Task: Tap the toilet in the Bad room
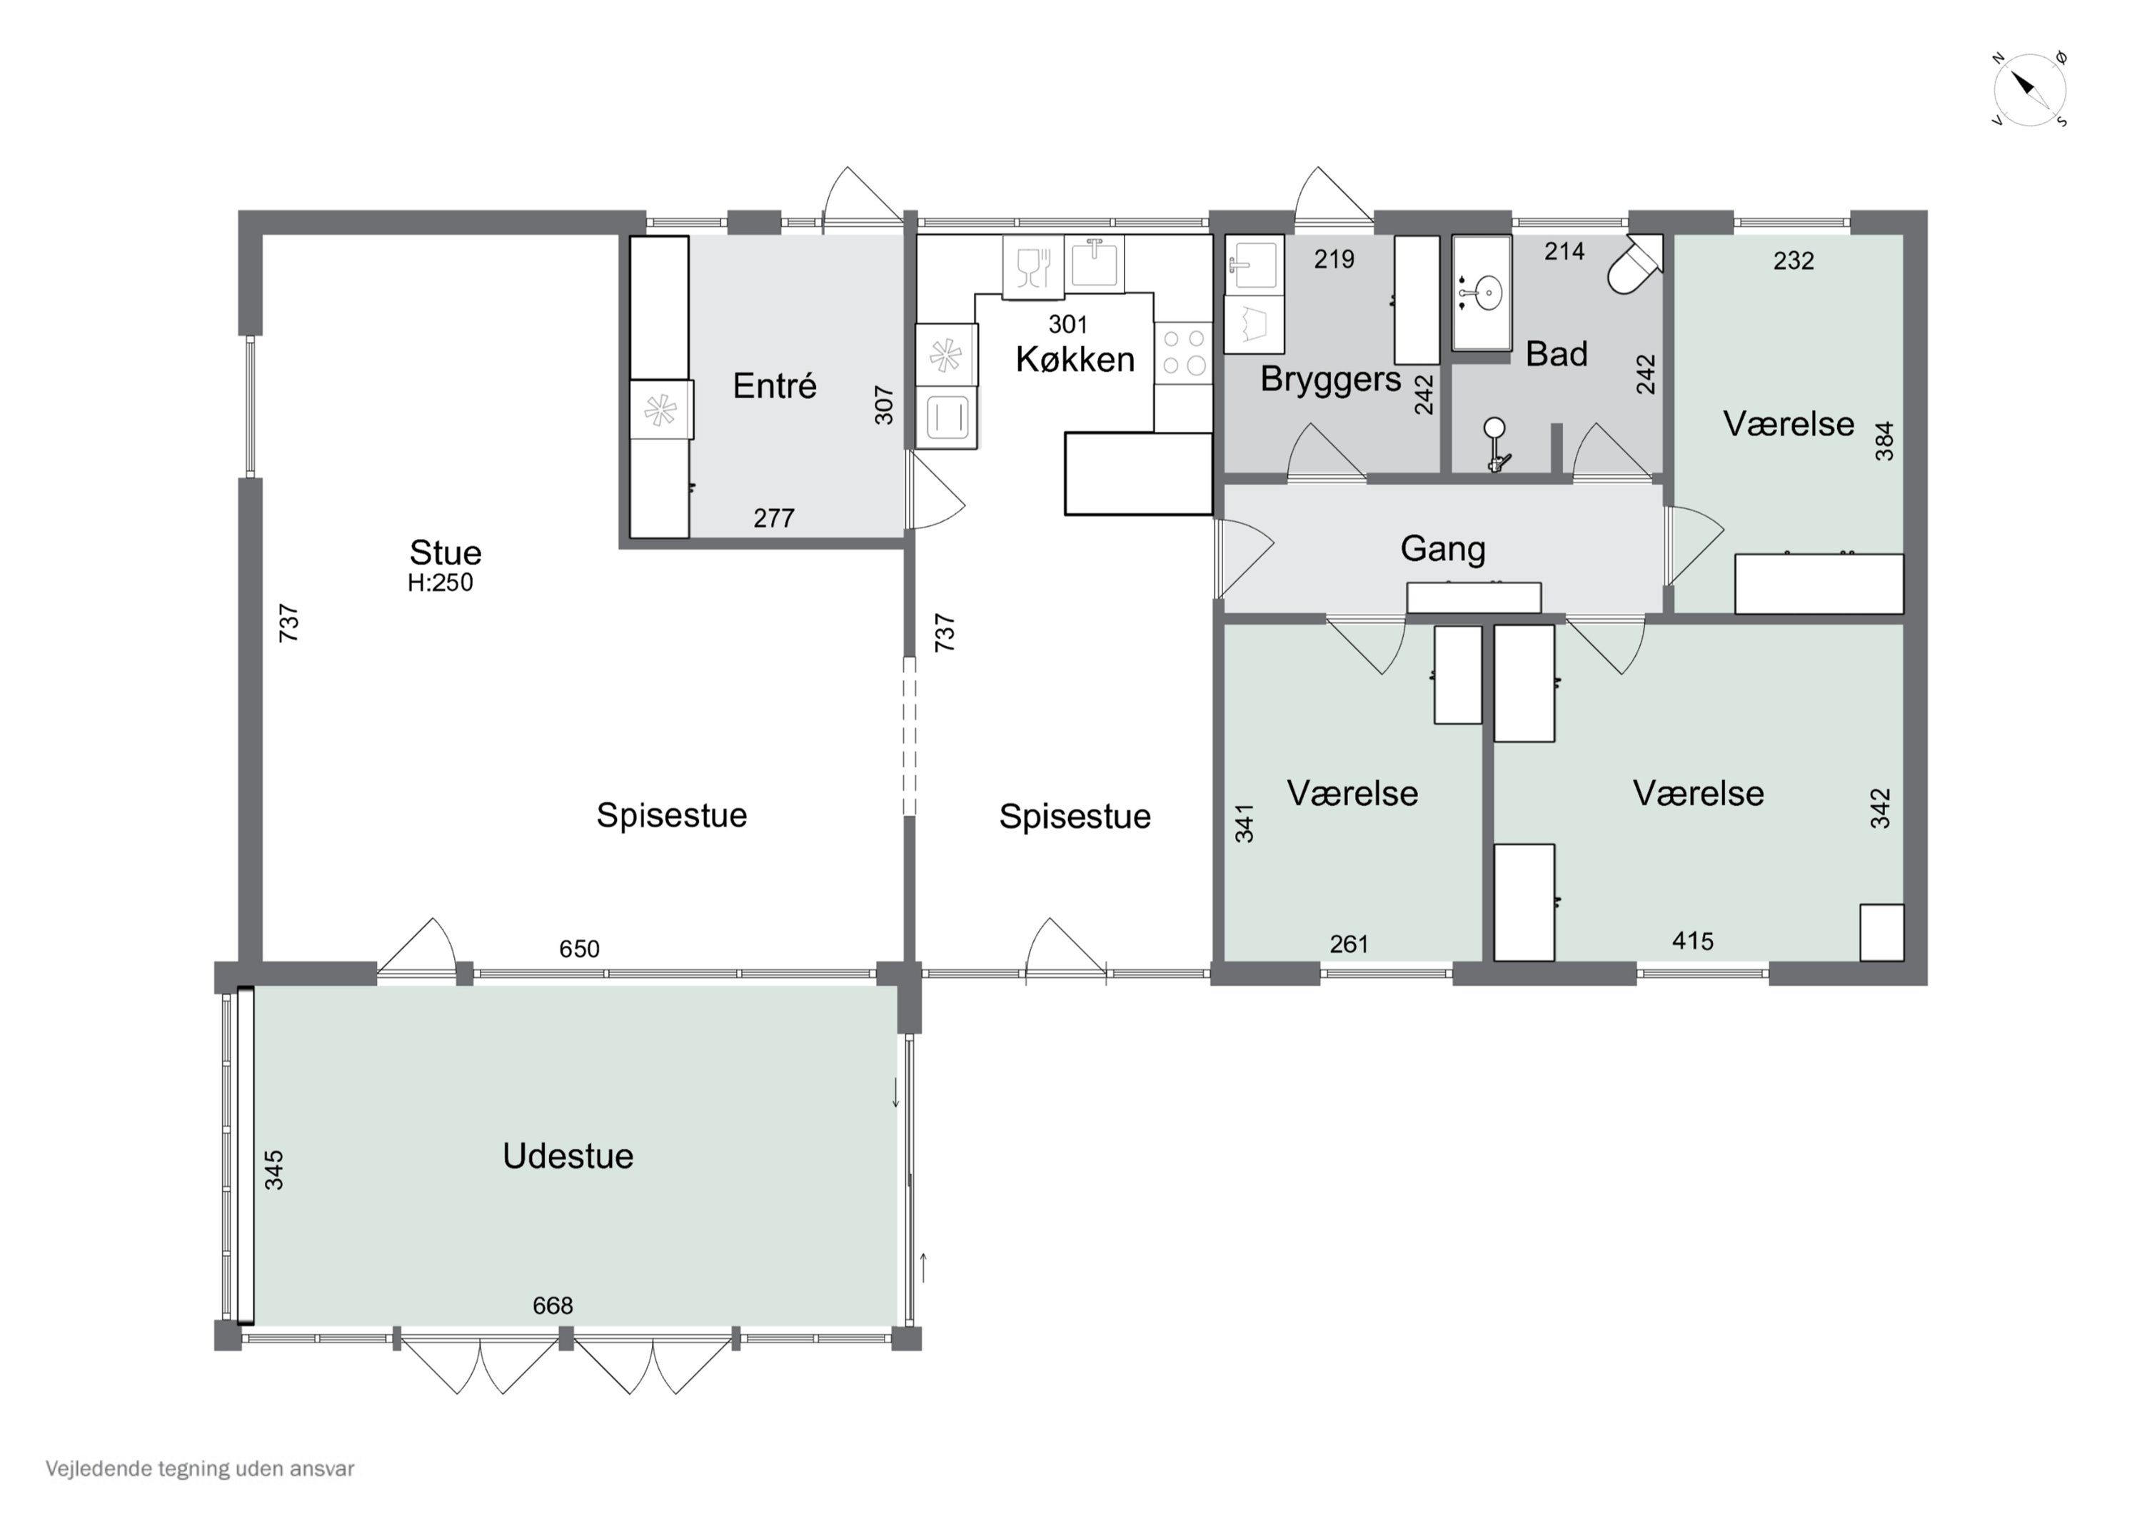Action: (x=1636, y=264)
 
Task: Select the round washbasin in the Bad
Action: (x=1482, y=293)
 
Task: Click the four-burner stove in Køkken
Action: (x=1183, y=353)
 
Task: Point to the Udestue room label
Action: (x=568, y=1156)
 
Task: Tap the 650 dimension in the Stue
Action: (x=579, y=949)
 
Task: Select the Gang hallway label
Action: (x=1442, y=550)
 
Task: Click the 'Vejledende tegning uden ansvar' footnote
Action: (x=200, y=1468)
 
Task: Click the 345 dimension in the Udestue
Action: (x=273, y=1170)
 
